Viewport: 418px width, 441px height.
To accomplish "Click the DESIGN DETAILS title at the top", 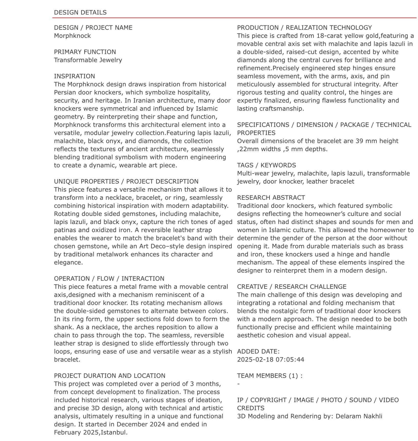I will tap(80, 12).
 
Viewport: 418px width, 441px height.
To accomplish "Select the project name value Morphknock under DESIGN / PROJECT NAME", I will tap(72, 36).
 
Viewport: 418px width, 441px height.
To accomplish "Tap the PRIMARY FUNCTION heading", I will tap(85, 52).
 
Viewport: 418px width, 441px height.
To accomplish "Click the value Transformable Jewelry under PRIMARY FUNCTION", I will tap(88, 60).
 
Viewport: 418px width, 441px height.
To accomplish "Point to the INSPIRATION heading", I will tap(74, 76).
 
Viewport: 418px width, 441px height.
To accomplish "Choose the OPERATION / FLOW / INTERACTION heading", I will tap(109, 279).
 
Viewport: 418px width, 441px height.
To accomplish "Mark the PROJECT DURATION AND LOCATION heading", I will tap(109, 376).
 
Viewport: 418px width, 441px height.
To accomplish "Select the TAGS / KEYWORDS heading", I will tap(266, 165).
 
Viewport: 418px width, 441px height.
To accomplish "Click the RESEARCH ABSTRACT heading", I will tap(271, 198).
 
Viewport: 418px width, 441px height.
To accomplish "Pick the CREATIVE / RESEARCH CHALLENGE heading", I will tap(292, 287).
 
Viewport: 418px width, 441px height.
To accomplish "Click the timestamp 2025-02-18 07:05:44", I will tap(270, 360).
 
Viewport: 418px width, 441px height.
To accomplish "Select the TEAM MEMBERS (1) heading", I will tap(269, 376).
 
